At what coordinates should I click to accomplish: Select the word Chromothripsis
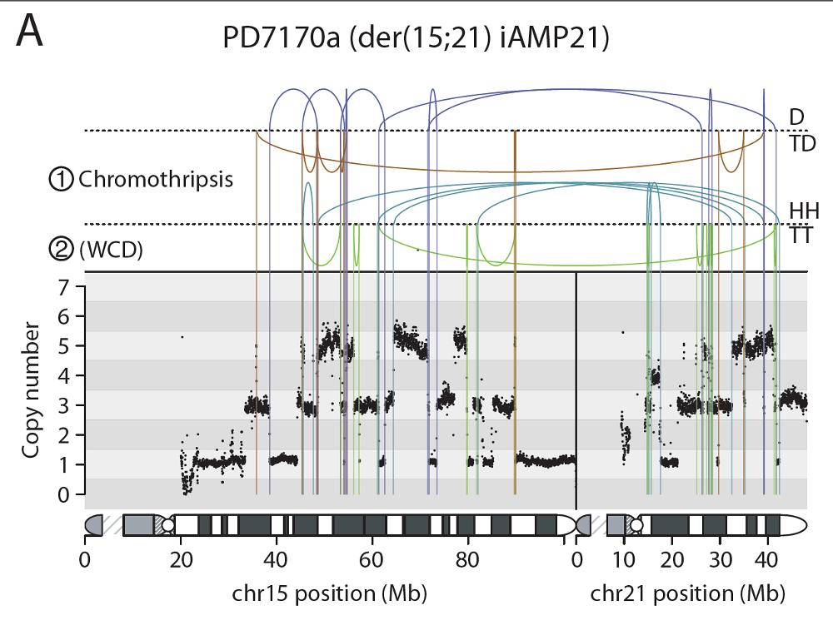[155, 179]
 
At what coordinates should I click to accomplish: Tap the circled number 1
[62, 179]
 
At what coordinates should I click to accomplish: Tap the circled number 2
[62, 248]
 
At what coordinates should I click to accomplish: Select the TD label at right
[802, 143]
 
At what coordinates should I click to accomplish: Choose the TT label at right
[801, 236]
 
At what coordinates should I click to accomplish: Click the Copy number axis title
[32, 390]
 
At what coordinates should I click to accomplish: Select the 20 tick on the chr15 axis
[181, 558]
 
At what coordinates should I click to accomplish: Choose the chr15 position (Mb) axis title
[329, 594]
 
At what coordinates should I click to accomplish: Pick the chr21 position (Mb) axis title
[688, 594]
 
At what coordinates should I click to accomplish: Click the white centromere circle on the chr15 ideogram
[168, 525]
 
